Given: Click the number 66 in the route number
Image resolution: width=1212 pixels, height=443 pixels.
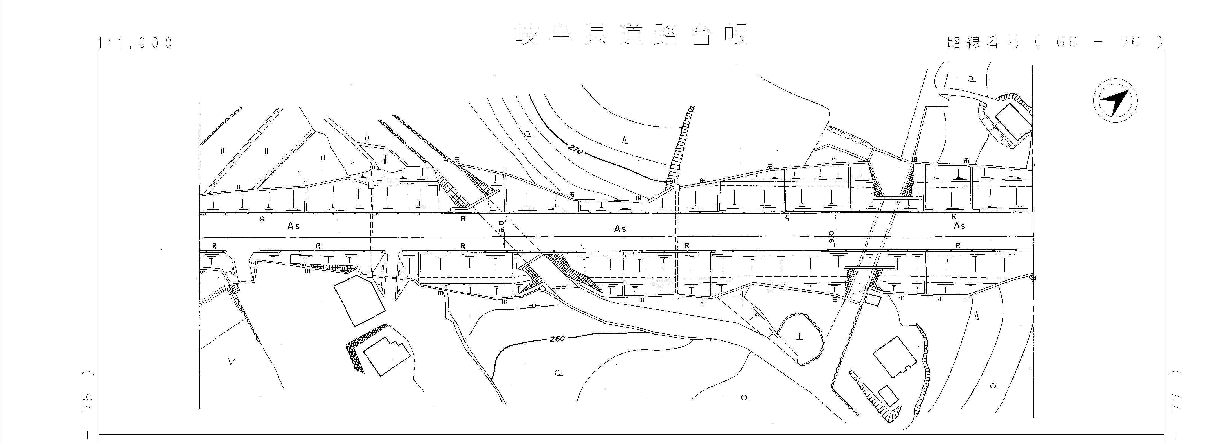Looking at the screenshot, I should (x=1067, y=42).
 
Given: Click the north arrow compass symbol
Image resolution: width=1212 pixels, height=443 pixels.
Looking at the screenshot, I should (x=1115, y=101).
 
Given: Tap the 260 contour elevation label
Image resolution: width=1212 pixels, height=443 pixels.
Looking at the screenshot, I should (x=557, y=339).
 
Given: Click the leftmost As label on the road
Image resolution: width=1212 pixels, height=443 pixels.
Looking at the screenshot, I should (x=293, y=226).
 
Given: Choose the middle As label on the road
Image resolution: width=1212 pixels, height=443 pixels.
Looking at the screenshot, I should (x=620, y=229).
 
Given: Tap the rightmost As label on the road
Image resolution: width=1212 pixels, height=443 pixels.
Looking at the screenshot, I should (x=959, y=226).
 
